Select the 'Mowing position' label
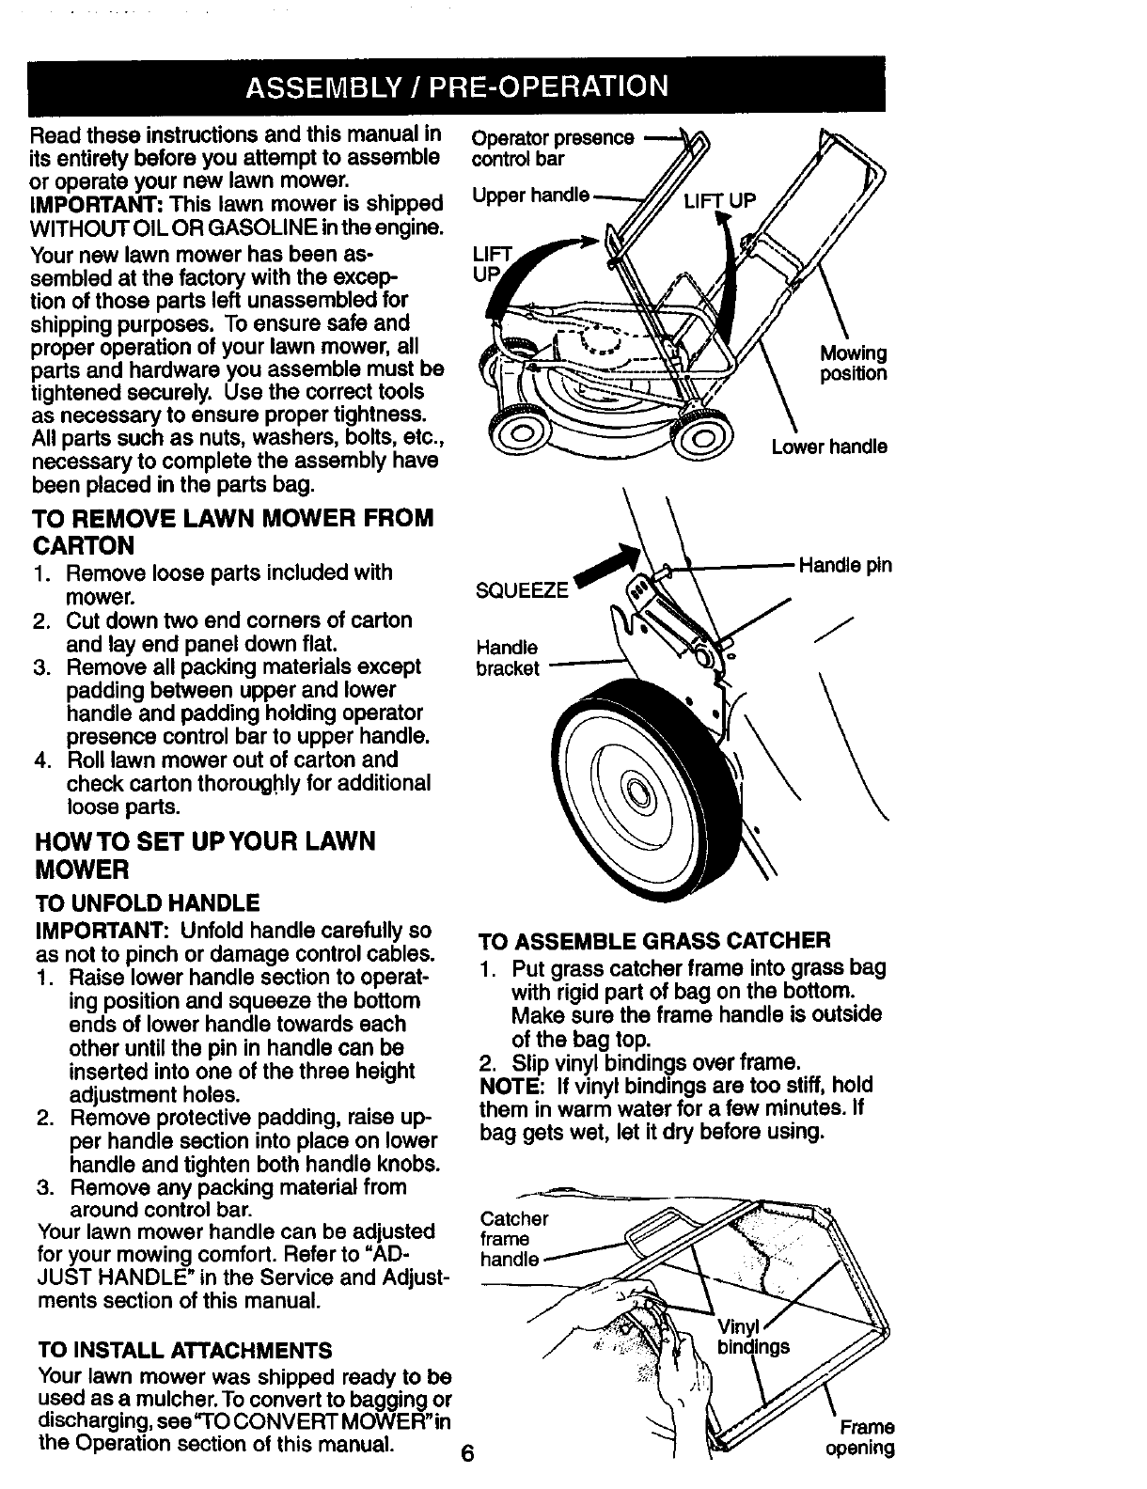click(853, 364)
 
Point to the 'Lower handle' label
click(828, 447)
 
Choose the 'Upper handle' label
click(530, 195)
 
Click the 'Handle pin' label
click(844, 566)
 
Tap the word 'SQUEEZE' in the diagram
click(523, 589)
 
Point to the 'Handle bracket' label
click(508, 658)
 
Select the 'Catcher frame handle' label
click(513, 1239)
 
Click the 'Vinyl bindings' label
click(752, 1336)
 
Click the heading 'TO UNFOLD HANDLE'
click(147, 904)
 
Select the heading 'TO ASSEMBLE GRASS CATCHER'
click(654, 941)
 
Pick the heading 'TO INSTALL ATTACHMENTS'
click(183, 1351)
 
